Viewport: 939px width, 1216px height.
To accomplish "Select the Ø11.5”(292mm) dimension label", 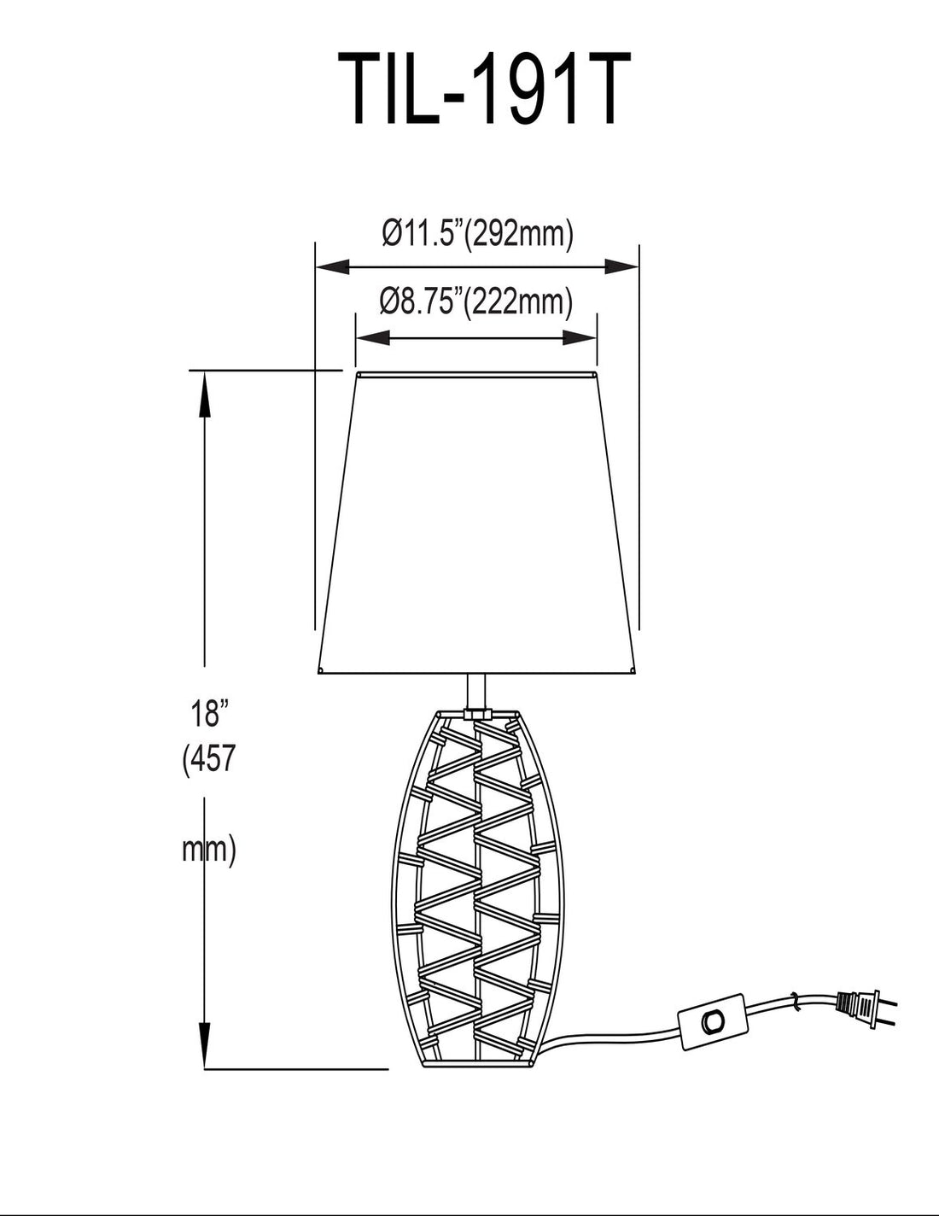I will [x=477, y=232].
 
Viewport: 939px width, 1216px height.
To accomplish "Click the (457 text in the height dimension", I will [x=207, y=759].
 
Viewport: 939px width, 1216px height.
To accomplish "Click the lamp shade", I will [x=478, y=521].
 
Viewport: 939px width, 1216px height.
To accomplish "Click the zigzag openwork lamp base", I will [x=477, y=888].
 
